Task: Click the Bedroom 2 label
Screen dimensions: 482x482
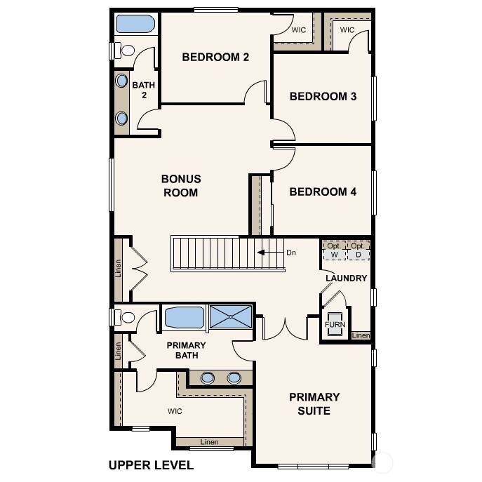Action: coord(215,57)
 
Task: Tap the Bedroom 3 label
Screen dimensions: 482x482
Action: coord(323,97)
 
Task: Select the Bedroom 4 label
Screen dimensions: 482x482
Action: coord(323,192)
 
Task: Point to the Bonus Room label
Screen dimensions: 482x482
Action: coord(181,186)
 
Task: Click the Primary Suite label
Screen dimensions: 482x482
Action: coord(314,404)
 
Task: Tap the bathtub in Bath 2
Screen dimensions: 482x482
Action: coord(135,24)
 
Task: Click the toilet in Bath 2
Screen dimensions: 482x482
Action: coord(124,51)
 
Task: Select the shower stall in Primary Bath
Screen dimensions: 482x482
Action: coord(231,316)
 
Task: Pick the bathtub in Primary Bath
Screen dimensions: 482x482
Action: coord(185,318)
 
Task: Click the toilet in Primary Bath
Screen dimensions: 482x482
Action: coord(124,317)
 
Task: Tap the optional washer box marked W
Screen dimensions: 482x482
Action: coord(335,251)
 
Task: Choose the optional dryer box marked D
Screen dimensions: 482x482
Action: coord(359,251)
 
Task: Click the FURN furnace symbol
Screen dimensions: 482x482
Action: coord(335,324)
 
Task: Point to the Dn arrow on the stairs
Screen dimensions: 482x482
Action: coord(271,253)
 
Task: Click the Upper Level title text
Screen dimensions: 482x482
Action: coord(152,465)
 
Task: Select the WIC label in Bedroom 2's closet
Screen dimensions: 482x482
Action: coord(298,30)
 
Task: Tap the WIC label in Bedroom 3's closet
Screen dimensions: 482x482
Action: coord(347,30)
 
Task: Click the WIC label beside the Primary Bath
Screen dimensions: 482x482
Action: coord(175,411)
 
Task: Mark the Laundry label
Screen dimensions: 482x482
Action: coord(347,279)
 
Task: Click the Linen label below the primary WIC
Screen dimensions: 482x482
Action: coord(209,442)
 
